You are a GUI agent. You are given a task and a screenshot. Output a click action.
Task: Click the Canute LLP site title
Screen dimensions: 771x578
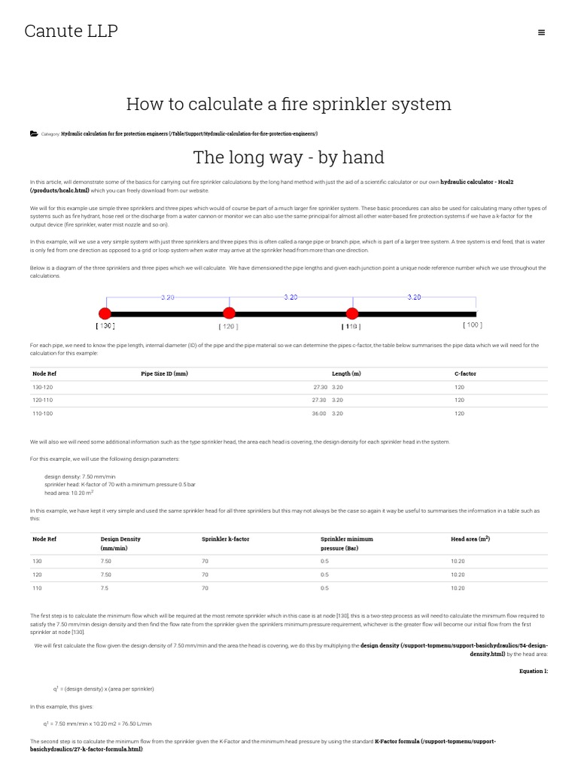[x=71, y=31]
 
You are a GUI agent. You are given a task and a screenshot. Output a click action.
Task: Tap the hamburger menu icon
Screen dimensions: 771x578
[x=542, y=32]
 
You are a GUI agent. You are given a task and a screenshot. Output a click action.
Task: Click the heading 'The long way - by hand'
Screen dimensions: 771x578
[x=288, y=157]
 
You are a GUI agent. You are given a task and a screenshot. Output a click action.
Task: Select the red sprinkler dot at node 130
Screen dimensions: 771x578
[x=105, y=313]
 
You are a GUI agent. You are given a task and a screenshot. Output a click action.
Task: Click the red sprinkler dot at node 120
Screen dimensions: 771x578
[x=229, y=313]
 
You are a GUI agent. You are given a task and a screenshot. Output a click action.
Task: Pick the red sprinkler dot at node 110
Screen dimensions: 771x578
[x=351, y=313]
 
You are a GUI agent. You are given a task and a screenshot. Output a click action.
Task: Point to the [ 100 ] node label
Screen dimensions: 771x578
[x=472, y=325]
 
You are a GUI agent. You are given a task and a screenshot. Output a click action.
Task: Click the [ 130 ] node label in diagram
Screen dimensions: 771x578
[x=105, y=326]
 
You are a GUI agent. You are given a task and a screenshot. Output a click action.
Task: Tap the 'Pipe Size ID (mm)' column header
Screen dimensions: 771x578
[x=164, y=373]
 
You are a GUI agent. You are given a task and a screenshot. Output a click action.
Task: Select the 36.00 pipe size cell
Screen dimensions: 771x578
[x=319, y=413]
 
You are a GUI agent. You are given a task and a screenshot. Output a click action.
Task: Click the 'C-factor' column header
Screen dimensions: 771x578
[x=465, y=373]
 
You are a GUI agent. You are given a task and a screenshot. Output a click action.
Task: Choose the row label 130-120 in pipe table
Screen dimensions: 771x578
[x=42, y=387]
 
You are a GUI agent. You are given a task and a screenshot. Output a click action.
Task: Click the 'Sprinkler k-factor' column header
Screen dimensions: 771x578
[x=226, y=539]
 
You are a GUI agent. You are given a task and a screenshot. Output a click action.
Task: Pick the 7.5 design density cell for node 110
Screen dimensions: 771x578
[x=105, y=588]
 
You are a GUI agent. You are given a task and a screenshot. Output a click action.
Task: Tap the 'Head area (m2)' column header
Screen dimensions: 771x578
[x=470, y=539]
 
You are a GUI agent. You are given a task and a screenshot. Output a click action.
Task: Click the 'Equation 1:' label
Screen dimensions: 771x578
[x=534, y=670]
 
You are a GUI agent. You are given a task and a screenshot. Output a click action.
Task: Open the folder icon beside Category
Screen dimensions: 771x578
[x=34, y=133]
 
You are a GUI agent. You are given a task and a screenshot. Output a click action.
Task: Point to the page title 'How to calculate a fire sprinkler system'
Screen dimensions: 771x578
[x=288, y=104]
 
